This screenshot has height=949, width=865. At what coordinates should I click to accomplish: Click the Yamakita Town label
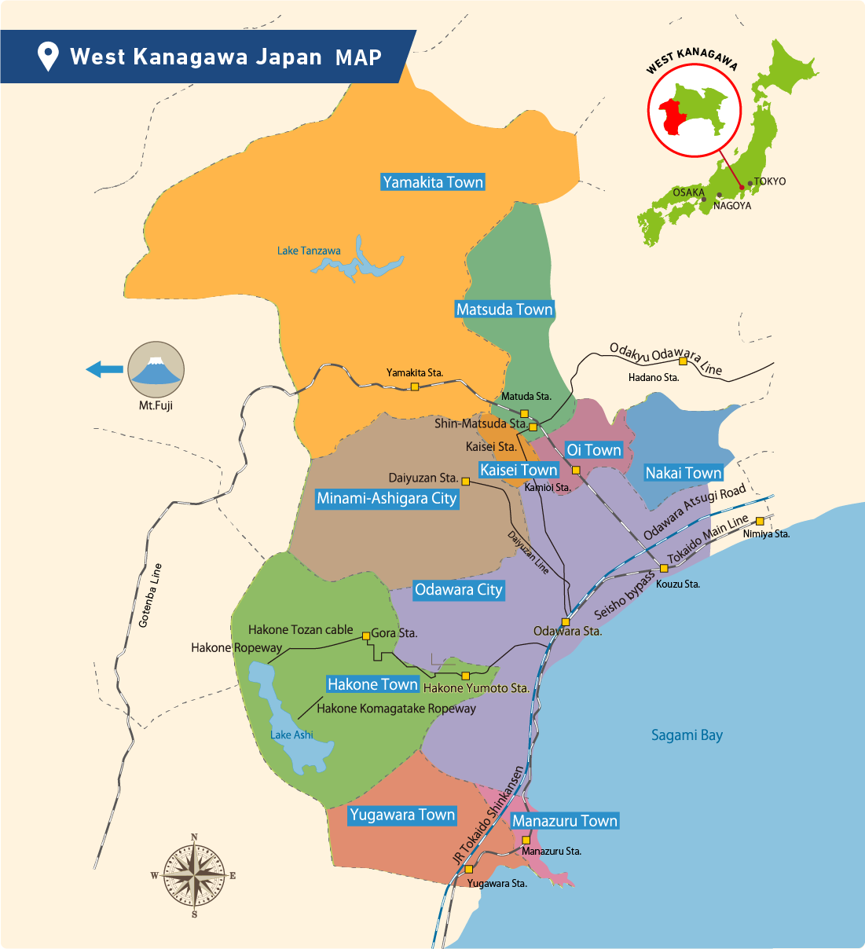tap(432, 182)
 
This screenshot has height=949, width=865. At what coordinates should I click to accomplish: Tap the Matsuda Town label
tap(504, 310)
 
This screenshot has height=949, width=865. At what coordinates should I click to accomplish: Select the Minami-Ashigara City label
tap(387, 499)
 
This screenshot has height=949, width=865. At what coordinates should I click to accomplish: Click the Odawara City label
tap(458, 590)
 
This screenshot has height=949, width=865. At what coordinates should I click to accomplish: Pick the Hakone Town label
tap(372, 684)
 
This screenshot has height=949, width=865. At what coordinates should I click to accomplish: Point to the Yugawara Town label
tap(402, 815)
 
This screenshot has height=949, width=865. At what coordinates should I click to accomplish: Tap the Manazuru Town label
tap(565, 821)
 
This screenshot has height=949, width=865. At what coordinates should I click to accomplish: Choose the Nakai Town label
tap(683, 473)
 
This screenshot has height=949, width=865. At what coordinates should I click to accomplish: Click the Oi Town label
tap(594, 450)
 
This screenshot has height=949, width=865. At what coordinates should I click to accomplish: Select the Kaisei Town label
tap(519, 470)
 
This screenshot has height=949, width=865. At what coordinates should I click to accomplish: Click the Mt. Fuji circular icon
tap(156, 369)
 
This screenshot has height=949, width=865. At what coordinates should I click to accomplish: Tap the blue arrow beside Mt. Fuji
tap(104, 369)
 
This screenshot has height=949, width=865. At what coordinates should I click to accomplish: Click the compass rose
tap(194, 875)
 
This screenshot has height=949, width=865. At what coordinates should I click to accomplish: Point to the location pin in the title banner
tap(48, 57)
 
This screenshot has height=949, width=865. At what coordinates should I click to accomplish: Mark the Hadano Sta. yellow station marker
tap(684, 361)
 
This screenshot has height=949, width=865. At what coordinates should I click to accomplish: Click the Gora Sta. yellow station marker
tap(366, 636)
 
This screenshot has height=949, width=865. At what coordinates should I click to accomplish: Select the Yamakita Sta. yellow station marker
tap(415, 387)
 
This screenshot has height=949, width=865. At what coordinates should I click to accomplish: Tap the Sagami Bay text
tap(687, 735)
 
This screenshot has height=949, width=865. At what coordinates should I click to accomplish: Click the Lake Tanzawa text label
tap(309, 251)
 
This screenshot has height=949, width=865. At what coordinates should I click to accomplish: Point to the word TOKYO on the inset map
tap(770, 181)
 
